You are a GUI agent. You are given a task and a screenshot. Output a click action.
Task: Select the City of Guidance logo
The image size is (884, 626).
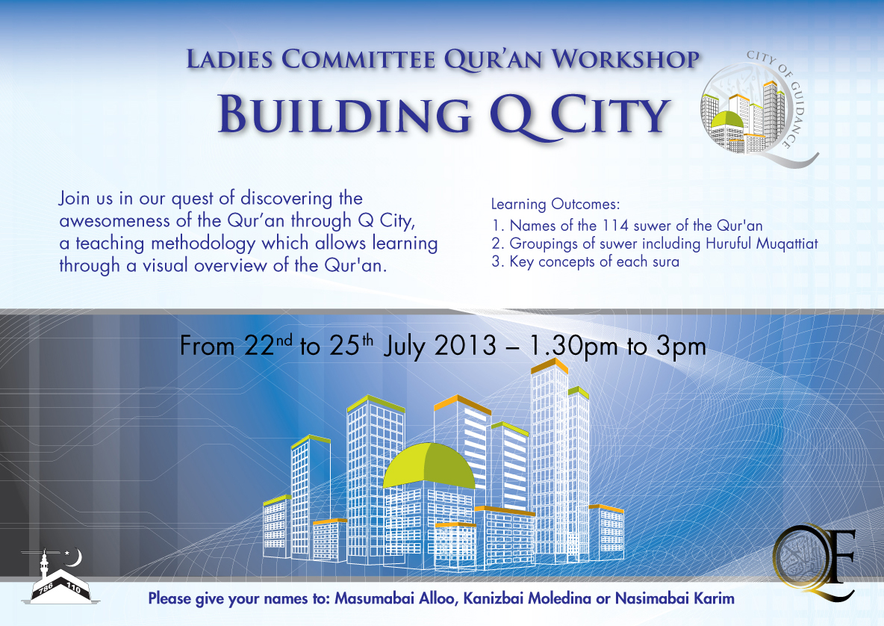tap(758, 109)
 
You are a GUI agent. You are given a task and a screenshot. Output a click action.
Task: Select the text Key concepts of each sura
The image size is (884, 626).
tap(594, 262)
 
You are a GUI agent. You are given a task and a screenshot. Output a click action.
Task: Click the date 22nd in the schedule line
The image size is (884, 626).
tap(266, 346)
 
